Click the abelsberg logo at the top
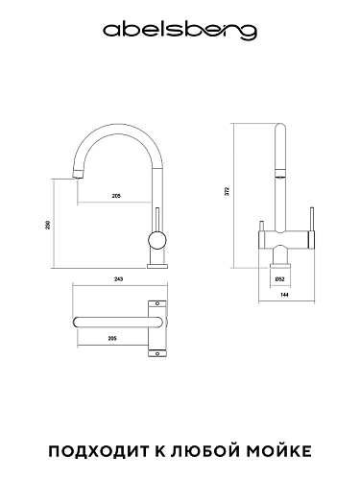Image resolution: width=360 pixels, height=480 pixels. coord(180,32)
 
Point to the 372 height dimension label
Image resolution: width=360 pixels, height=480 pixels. coord(228,191)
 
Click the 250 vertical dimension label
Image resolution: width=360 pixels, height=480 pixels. coord(47,225)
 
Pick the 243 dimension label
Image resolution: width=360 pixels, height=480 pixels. coord(118,279)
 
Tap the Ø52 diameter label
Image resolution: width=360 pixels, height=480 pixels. coord(279,279)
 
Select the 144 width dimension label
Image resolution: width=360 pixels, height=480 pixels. coord(284,295)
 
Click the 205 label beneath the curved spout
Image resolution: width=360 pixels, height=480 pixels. coord(116,196)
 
